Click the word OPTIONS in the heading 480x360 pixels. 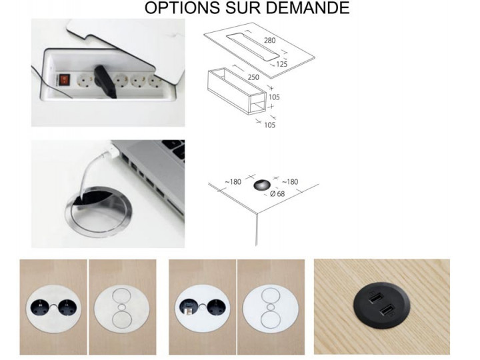tap(182, 7)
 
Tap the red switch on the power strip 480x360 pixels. tap(64, 79)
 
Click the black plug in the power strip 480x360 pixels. tap(105, 81)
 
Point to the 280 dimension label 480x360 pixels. tap(269, 41)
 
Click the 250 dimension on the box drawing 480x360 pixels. tap(253, 77)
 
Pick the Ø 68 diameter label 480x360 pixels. tap(277, 194)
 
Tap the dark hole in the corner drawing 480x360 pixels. tap(262, 185)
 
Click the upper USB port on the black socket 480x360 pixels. tap(375, 297)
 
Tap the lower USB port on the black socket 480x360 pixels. tap(387, 311)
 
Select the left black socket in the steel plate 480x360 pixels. tap(41, 307)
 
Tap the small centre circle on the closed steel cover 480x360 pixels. tap(122, 307)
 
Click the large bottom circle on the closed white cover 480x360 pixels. tap(270, 320)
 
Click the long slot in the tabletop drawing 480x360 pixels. tap(253, 46)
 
